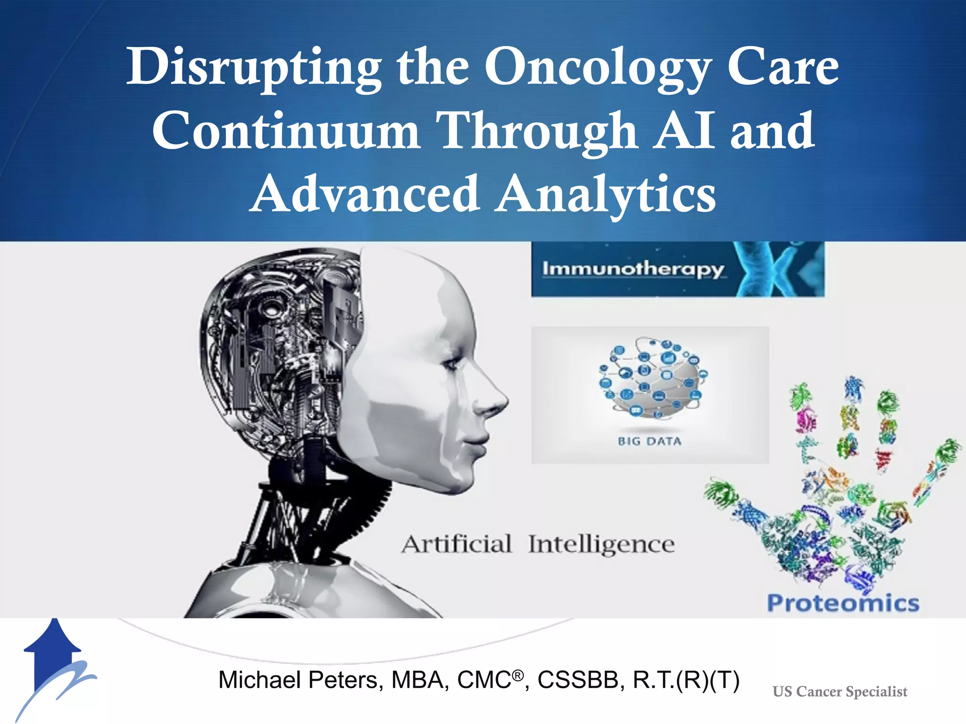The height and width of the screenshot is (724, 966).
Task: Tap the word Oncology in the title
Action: [597, 68]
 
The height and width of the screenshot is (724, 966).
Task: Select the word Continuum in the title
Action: [285, 131]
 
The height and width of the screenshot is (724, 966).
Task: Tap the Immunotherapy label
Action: [633, 269]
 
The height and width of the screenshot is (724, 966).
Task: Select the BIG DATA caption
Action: [650, 442]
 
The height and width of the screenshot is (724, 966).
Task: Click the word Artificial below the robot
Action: [457, 544]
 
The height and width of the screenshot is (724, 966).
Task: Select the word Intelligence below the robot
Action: [601, 545]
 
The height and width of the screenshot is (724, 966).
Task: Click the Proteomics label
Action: [843, 603]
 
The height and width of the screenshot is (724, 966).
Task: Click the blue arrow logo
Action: [54, 660]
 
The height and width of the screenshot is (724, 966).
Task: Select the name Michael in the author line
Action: [260, 680]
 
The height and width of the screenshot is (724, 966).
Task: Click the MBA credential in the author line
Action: [420, 680]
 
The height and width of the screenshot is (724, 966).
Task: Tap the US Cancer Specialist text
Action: [840, 691]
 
